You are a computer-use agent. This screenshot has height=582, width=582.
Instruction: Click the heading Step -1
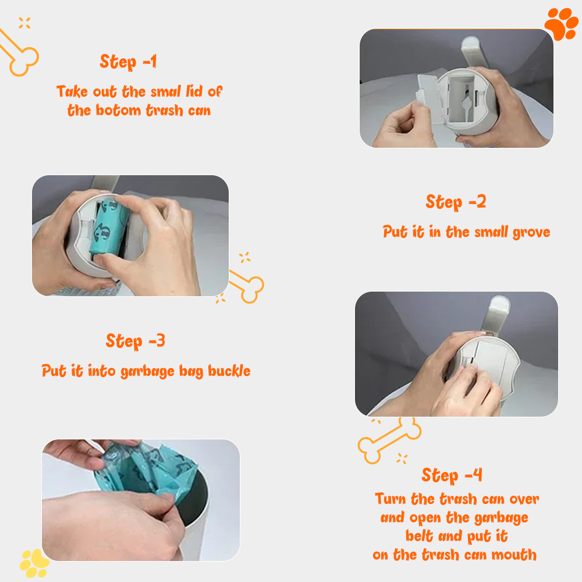pos(129,62)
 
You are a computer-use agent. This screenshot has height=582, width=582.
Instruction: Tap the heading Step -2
pos(456,203)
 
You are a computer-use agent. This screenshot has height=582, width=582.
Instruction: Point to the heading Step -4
pos(452,475)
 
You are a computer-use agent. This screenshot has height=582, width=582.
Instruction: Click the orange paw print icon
pos(561,24)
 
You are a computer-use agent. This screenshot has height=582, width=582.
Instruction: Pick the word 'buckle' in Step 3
pos(229,371)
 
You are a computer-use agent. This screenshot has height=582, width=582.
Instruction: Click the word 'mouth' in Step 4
pos(514,555)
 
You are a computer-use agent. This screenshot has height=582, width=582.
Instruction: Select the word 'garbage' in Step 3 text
pos(147,372)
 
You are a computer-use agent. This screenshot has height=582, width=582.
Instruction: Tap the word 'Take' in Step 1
pos(72,92)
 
